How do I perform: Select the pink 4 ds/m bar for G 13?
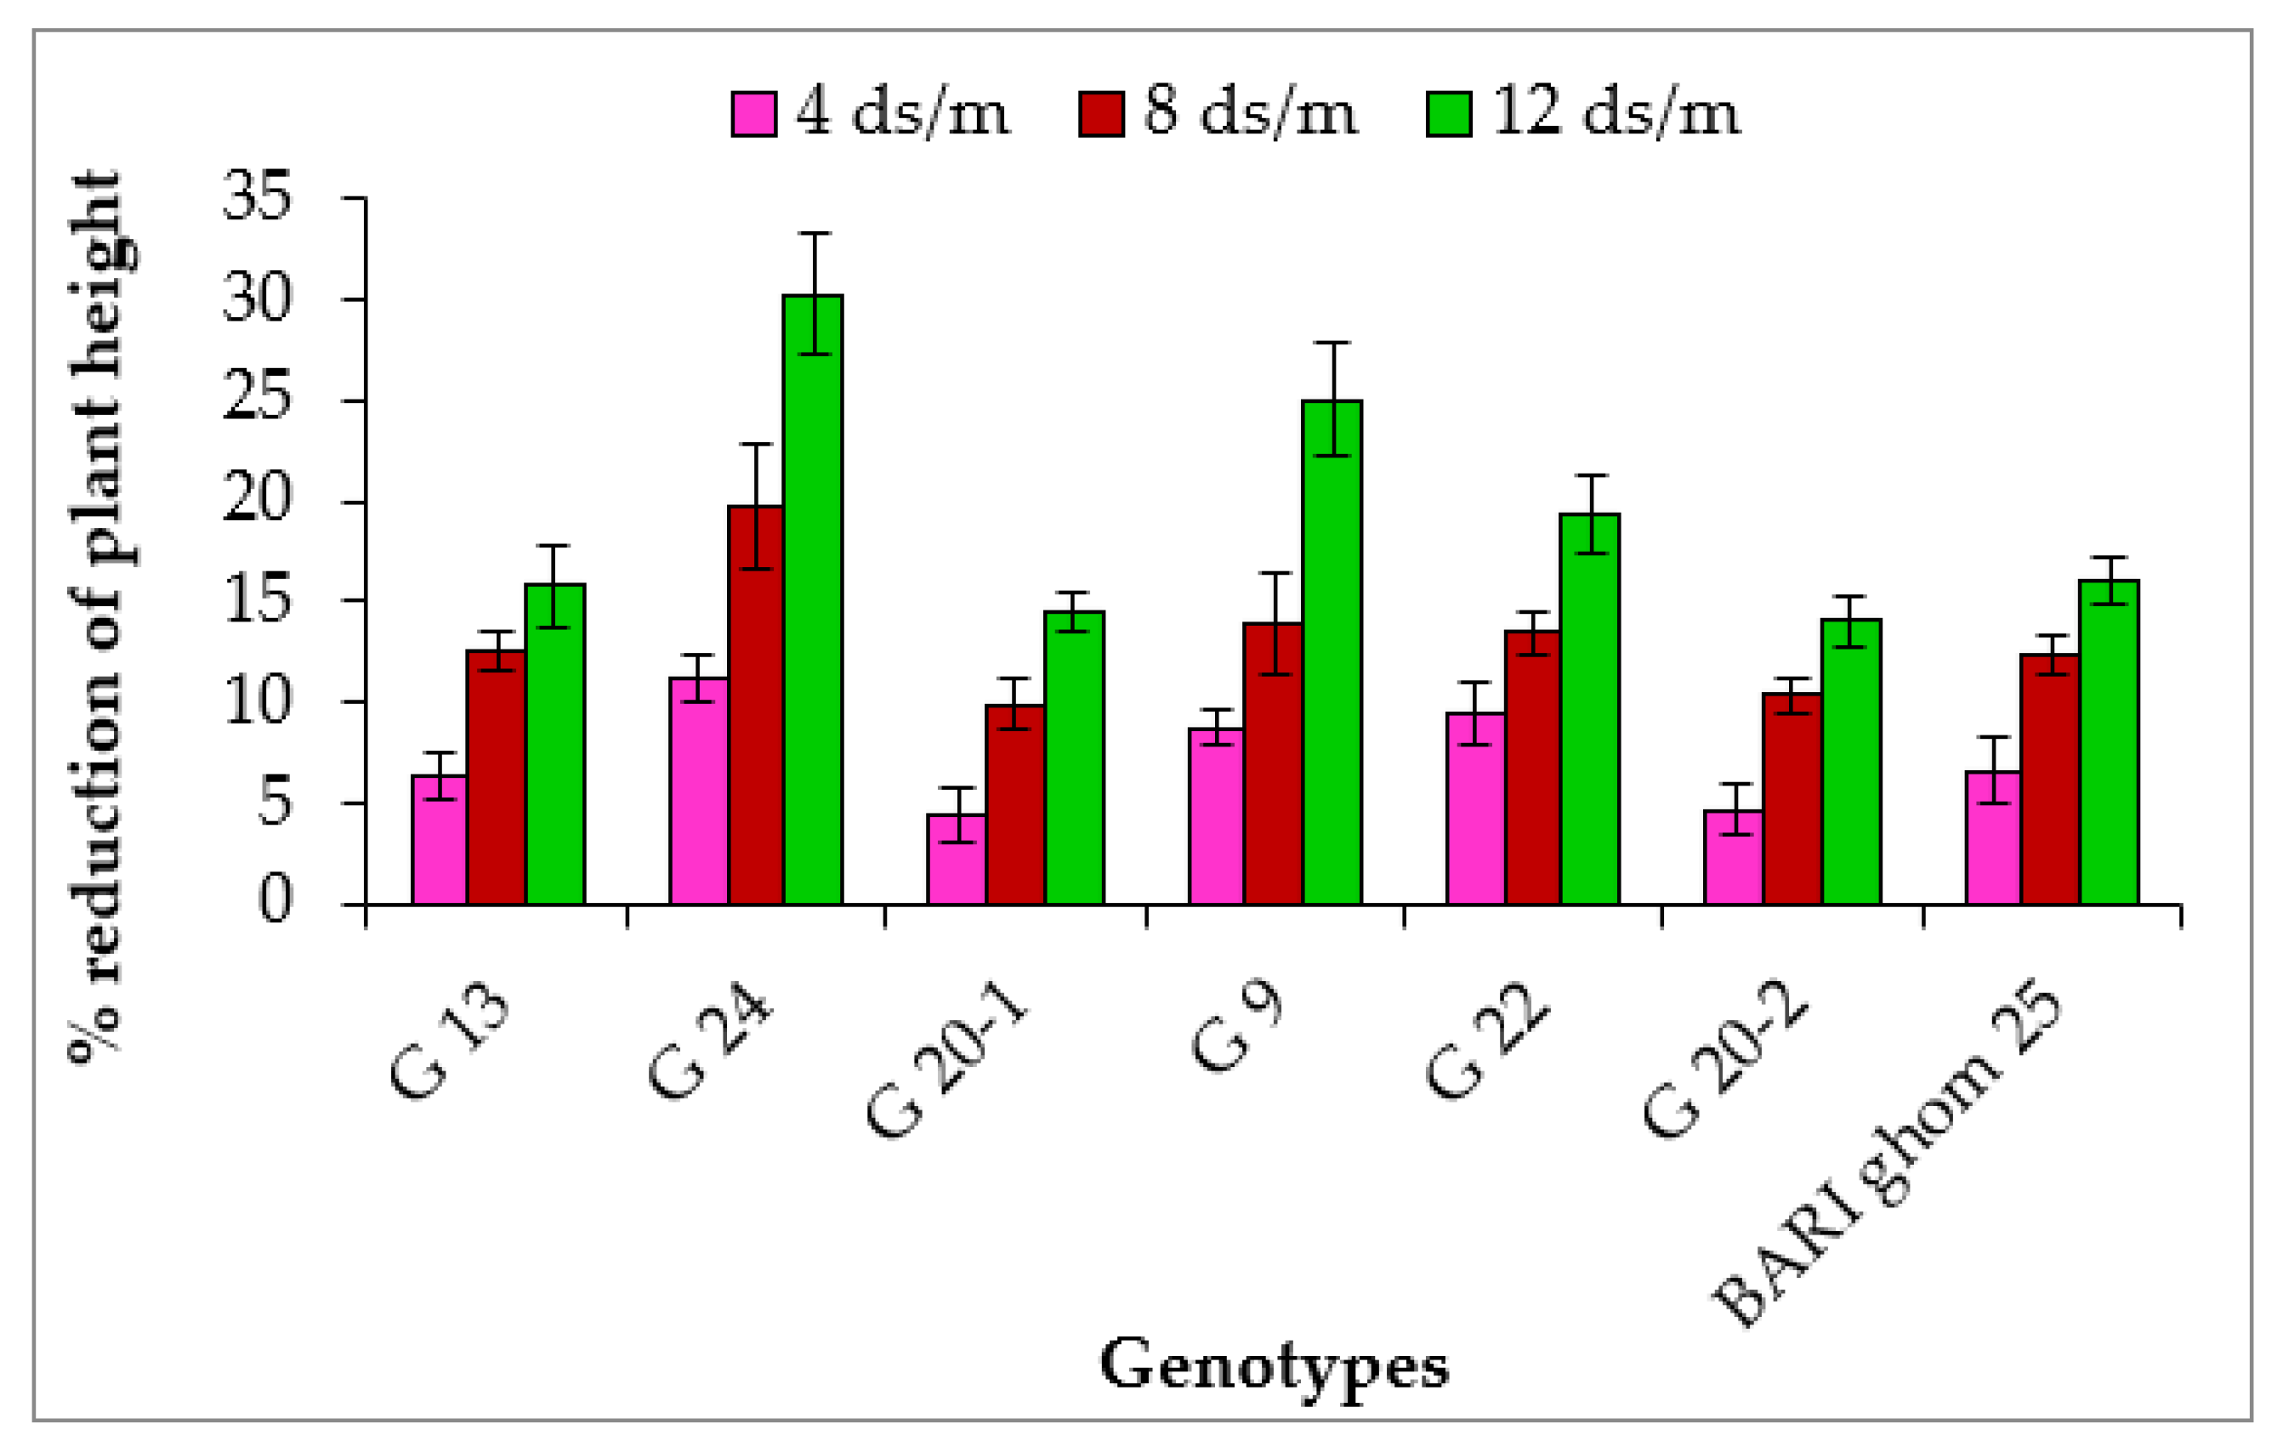point(439,839)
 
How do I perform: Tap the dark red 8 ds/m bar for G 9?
point(1272,763)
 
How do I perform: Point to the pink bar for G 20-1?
point(956,858)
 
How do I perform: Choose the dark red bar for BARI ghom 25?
point(2050,779)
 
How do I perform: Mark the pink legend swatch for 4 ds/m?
point(753,115)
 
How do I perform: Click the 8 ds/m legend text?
point(1251,113)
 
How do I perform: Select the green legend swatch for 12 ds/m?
point(1449,115)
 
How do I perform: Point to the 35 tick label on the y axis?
point(256,197)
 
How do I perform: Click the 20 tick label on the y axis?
point(256,500)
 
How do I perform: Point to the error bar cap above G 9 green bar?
point(1333,343)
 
